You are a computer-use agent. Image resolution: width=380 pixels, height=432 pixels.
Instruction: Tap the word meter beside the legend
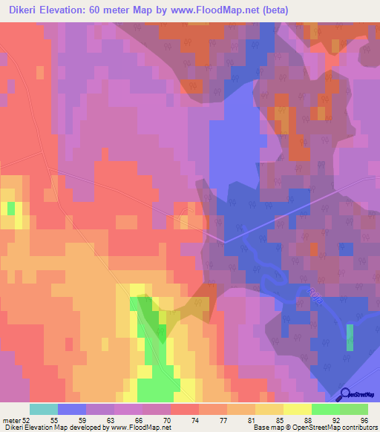click(10, 420)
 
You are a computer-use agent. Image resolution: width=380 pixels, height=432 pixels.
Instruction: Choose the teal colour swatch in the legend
click(44, 409)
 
